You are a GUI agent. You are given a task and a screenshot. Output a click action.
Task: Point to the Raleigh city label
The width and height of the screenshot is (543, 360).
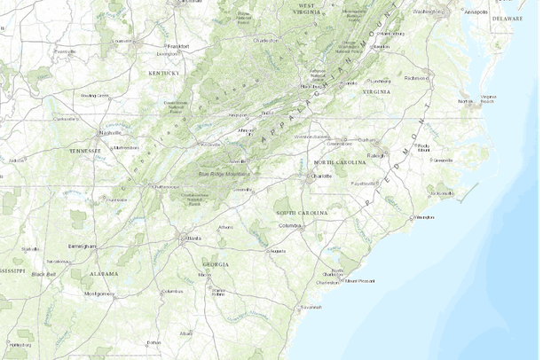[x=377, y=155]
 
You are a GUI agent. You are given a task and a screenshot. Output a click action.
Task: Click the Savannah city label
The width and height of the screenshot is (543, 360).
[x=311, y=307]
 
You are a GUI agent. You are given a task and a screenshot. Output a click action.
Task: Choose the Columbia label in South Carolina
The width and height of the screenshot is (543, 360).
[x=289, y=225]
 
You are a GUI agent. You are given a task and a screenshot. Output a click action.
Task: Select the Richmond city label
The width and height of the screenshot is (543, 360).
[x=416, y=78]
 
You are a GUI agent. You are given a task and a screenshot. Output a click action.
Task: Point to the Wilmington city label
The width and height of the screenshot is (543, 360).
[x=424, y=216]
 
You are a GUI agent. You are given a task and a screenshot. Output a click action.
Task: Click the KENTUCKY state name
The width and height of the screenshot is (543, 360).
[x=165, y=73]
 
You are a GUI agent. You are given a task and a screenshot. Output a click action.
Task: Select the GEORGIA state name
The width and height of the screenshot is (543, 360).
[x=215, y=264]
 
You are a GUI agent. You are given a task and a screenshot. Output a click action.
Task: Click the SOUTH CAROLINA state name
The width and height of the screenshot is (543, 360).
[x=302, y=214]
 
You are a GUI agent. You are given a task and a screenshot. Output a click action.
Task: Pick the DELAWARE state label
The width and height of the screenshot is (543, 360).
[x=508, y=18]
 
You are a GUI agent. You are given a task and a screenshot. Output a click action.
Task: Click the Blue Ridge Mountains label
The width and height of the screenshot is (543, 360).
[x=224, y=175]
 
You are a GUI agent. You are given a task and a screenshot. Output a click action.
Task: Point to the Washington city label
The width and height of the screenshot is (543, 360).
[x=428, y=12]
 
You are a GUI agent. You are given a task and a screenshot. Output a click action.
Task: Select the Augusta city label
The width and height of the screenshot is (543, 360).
[x=278, y=251]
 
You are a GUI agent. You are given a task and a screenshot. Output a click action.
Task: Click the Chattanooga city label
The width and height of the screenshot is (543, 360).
[x=164, y=187]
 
